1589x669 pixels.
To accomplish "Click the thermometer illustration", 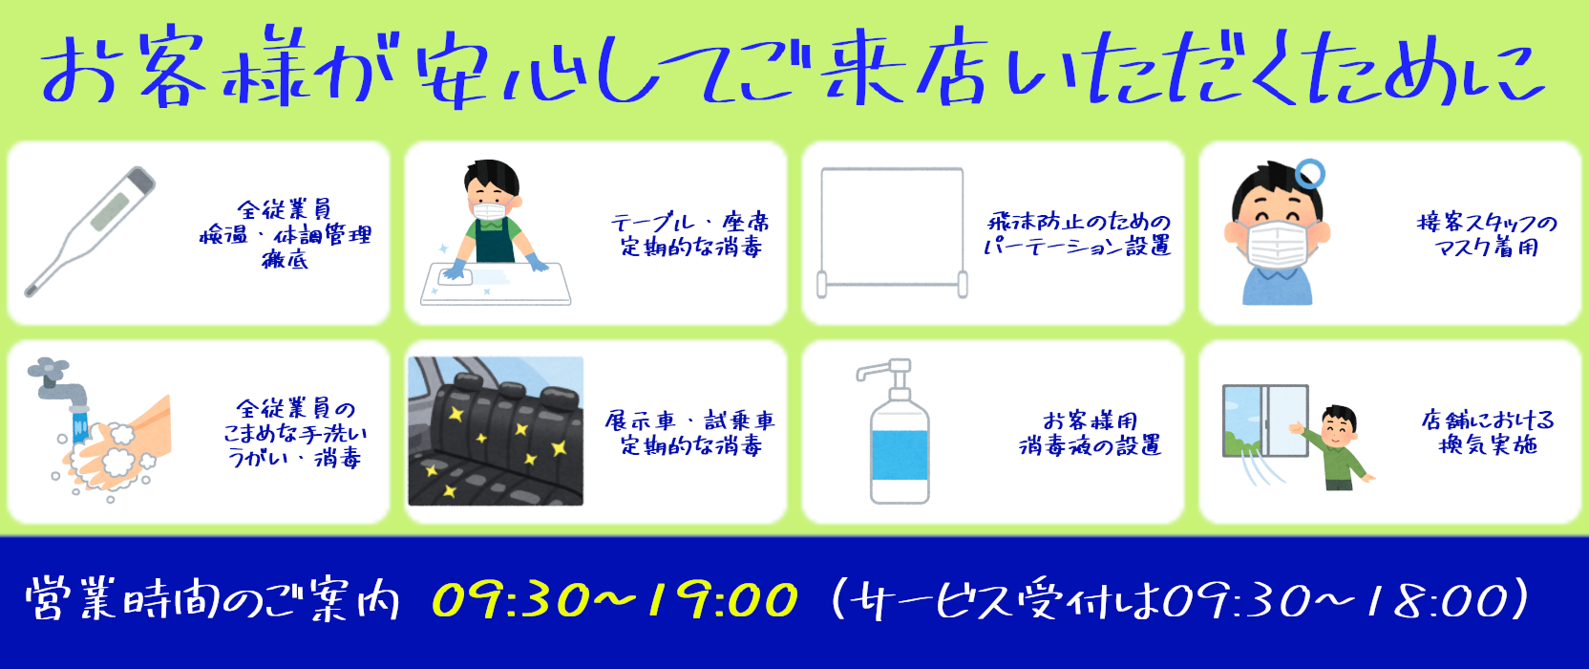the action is [x=90, y=231].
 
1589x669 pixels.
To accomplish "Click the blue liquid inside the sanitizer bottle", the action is [x=900, y=455].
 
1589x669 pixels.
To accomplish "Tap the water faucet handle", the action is [x=48, y=368].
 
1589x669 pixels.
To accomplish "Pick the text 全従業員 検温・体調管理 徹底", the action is [x=286, y=234].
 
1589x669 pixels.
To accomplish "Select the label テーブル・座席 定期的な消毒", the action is [x=690, y=234].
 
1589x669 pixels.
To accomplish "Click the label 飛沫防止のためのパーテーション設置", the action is [x=1077, y=233].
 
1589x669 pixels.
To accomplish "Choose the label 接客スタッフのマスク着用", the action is [x=1487, y=234].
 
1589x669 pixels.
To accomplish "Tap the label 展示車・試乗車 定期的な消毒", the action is [x=690, y=433].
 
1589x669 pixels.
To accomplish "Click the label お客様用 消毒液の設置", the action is [x=1090, y=433].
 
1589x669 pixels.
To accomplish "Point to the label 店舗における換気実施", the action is [x=1488, y=433].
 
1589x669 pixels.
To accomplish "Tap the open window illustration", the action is [x=1265, y=421].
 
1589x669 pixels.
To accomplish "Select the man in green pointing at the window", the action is [x=1335, y=447].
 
